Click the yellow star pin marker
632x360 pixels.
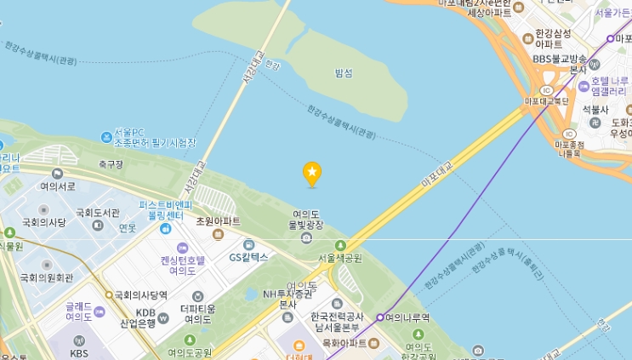coord(312,174)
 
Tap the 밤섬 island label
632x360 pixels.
coord(344,73)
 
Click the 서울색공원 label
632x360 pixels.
coord(339,258)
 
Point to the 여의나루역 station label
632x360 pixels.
coord(407,317)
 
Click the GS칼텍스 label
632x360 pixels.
coord(248,256)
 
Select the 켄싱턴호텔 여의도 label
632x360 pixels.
coord(182,266)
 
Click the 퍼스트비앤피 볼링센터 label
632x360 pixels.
coord(167,210)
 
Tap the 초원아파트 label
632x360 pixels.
coord(218,221)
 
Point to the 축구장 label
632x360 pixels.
coord(111,164)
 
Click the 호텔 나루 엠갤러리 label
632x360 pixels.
coord(606,86)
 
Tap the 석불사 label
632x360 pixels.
coord(595,110)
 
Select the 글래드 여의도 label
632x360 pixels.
coord(83,311)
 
